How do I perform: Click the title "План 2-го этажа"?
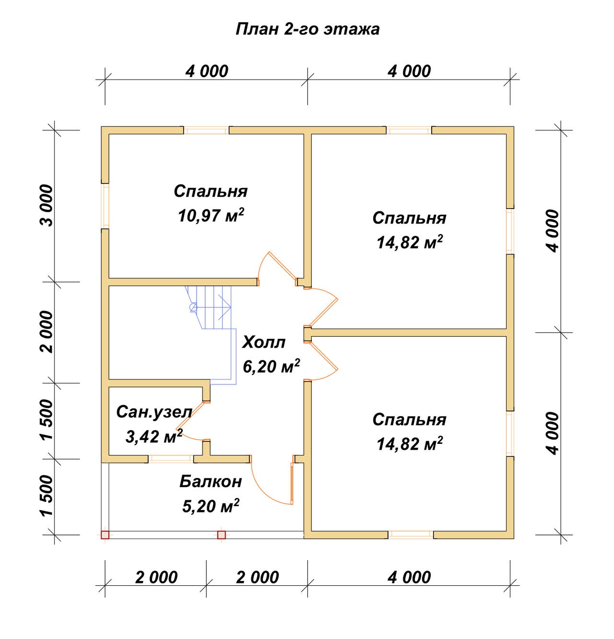coord(307,29)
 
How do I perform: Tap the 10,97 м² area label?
coord(211,215)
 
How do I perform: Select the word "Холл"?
coord(264,342)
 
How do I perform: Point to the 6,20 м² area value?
coord(271,366)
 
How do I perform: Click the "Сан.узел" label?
coord(154,412)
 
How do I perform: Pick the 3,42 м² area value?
coord(154,436)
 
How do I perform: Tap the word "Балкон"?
coord(211,482)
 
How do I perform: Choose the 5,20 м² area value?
coord(211,506)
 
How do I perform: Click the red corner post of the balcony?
coord(105,535)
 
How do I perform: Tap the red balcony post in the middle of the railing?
coord(222,535)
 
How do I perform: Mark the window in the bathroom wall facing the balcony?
coord(171,459)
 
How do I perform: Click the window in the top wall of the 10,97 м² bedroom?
coord(206,130)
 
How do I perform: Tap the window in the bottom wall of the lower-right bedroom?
coord(411,535)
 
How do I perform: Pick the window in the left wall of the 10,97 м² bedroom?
coord(105,206)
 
